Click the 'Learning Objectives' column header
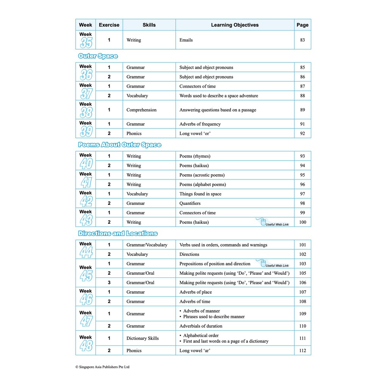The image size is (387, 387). coord(235,25)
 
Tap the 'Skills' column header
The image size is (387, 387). coord(149,25)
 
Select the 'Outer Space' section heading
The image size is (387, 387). coord(98,56)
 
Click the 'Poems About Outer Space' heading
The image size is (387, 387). coord(119,145)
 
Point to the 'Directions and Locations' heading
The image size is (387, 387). coord(118,234)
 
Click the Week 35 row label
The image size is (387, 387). coord(86,40)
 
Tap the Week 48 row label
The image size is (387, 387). coord(86,343)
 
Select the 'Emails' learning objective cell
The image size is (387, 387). coord(186,40)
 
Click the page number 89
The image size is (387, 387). coord(302,110)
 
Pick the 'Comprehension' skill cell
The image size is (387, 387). coord(141,110)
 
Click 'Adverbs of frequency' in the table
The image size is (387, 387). coord(200,124)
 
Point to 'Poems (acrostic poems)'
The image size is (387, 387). coord(202,175)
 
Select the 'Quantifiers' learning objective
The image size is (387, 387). coord(190,203)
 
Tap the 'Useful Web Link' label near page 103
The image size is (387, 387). coord(277,266)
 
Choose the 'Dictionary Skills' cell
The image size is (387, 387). coord(142,338)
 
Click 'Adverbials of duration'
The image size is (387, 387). coord(201,326)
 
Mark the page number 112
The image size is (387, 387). coord(302,351)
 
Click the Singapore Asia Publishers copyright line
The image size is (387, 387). coord(102,367)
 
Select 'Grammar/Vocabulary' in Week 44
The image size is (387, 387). coord(147,245)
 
